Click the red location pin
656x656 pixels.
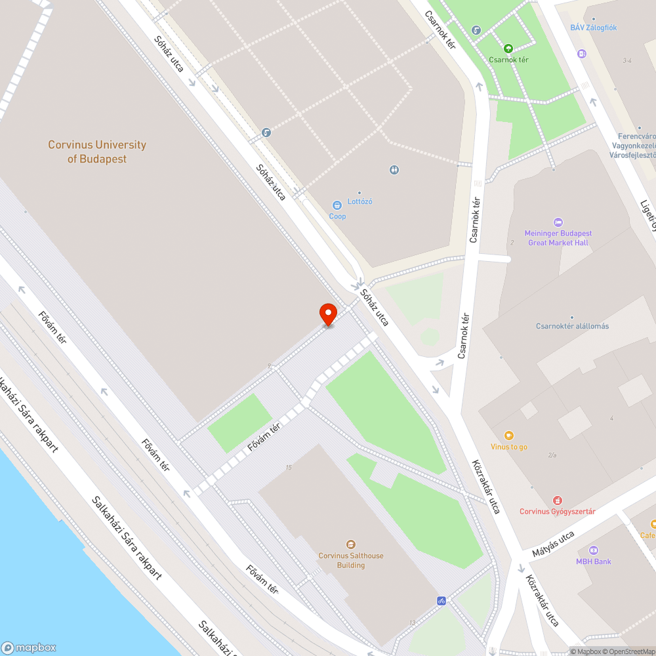[327, 314]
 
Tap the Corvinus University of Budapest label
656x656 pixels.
[97, 152]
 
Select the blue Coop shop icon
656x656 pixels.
[337, 205]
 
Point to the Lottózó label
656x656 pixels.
[360, 201]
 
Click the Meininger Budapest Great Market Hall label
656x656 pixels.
[558, 237]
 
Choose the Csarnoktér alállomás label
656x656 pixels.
[572, 326]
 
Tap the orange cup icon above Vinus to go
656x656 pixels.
[508, 436]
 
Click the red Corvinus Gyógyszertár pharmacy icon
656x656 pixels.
[558, 501]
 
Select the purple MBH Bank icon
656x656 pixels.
[594, 550]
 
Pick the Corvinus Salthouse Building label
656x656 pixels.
[351, 560]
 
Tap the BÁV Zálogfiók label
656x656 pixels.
[593, 28]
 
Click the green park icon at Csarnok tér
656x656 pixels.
[508, 48]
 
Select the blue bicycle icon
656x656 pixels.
[441, 600]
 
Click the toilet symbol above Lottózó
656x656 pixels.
[394, 170]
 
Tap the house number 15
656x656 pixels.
[289, 467]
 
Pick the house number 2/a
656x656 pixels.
[552, 455]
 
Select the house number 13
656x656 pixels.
[412, 623]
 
